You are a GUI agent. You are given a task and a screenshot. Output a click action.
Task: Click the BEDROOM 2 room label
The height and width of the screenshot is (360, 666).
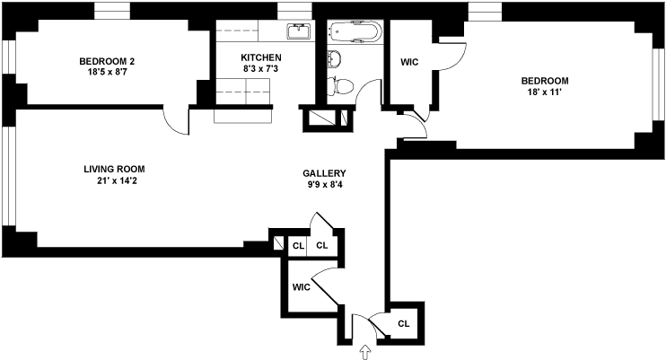[x=107, y=61]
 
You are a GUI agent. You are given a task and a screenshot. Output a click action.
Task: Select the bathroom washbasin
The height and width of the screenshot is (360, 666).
[x=334, y=60]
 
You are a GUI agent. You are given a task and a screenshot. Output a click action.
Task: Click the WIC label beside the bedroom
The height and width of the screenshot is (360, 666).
[x=409, y=63]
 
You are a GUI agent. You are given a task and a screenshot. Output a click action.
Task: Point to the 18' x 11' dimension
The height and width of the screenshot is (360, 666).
[x=545, y=92]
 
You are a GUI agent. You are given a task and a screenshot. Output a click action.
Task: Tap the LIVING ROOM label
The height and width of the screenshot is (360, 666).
[x=114, y=169]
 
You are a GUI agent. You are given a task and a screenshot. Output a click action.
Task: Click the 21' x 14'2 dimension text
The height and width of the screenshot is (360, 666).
[x=114, y=180]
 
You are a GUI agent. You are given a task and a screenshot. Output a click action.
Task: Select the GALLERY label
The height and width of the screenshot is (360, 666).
[x=324, y=173]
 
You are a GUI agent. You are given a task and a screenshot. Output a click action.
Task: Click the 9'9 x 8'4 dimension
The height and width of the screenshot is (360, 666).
[x=324, y=185]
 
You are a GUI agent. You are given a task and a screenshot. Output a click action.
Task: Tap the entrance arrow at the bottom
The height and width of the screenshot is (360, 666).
[x=365, y=352]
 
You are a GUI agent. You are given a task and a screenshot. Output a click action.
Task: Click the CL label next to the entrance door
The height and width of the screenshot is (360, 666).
[x=404, y=323]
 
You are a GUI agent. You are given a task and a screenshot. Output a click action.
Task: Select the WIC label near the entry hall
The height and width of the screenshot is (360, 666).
[x=301, y=288]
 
